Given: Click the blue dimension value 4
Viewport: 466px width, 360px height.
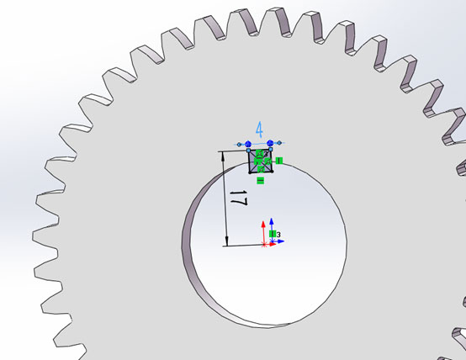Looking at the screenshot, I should click(259, 130).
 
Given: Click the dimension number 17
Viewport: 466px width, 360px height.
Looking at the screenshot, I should click(237, 202).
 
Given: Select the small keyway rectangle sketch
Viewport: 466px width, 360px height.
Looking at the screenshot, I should click(259, 162).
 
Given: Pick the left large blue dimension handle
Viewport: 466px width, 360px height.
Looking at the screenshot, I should click(249, 145).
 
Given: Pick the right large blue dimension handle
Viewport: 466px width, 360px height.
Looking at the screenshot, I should click(269, 145).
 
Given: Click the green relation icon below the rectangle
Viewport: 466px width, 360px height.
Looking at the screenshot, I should click(260, 181).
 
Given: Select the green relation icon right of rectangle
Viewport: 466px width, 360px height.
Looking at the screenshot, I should click(278, 160).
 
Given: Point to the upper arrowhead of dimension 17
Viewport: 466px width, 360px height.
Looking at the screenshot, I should click(226, 156).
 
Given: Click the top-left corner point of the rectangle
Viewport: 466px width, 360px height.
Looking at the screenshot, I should click(249, 151).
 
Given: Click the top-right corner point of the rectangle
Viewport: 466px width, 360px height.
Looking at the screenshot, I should click(269, 151).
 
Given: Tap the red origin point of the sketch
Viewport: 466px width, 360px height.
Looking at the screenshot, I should click(265, 244).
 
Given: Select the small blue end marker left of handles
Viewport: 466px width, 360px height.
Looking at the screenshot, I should click(238, 145).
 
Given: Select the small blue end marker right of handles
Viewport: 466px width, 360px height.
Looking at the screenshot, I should click(280, 145).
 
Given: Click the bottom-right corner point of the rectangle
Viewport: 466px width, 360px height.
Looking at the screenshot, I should click(269, 173).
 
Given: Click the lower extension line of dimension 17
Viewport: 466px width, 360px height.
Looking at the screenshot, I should click(244, 245).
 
